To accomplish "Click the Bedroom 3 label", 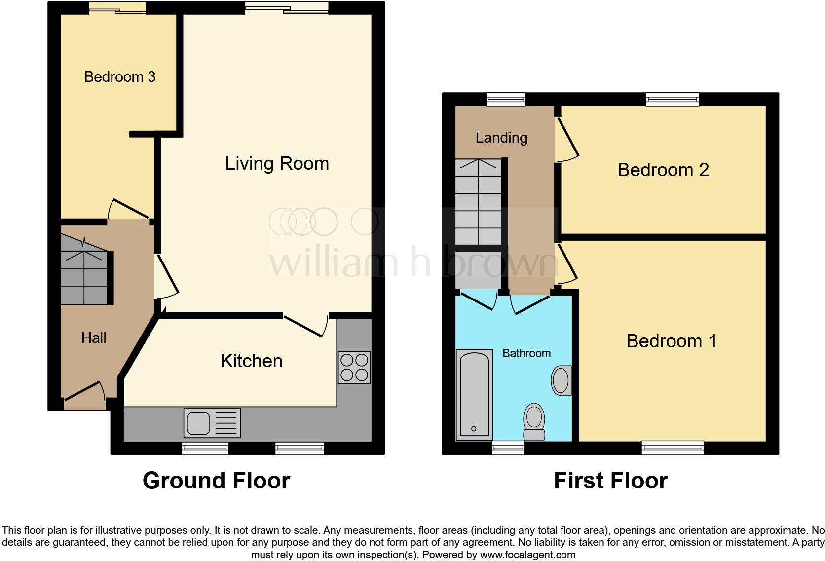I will pyautogui.click(x=120, y=77).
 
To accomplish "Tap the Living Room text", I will pyautogui.click(x=277, y=164).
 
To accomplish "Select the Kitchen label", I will pyautogui.click(x=251, y=361).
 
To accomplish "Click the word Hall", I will pyautogui.click(x=94, y=338).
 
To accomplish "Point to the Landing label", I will pyautogui.click(x=501, y=138).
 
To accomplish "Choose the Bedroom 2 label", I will pyautogui.click(x=663, y=170).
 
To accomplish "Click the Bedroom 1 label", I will pyautogui.click(x=671, y=341).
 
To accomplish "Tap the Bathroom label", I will pyautogui.click(x=526, y=353).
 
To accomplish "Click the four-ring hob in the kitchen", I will pyautogui.click(x=354, y=367).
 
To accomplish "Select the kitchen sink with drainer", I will pyautogui.click(x=212, y=423).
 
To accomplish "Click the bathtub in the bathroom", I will pyautogui.click(x=474, y=395).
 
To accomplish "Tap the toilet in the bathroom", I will pyautogui.click(x=534, y=422).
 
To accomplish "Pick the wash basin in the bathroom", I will pyautogui.click(x=561, y=380).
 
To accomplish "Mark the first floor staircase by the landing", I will pyautogui.click(x=478, y=202).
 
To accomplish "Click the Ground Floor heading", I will pyautogui.click(x=216, y=481).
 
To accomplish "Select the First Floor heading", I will pyautogui.click(x=610, y=481).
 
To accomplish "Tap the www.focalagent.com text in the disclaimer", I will pyautogui.click(x=527, y=555).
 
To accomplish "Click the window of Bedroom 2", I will pyautogui.click(x=673, y=99).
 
